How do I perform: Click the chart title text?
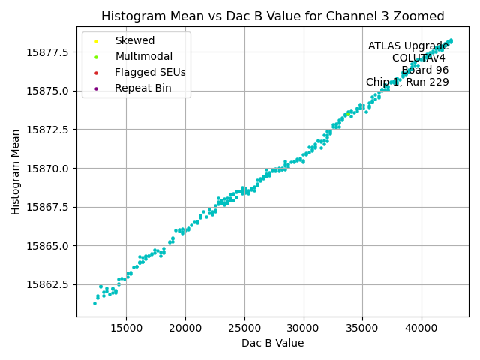click(x=272, y=16)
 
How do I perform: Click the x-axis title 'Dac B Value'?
click(x=272, y=343)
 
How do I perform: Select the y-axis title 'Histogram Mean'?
click(x=16, y=172)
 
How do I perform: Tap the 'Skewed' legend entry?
click(x=134, y=40)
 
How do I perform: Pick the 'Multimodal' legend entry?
click(x=143, y=56)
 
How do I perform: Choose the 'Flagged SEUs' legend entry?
click(x=150, y=73)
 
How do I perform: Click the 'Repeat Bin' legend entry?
click(x=142, y=88)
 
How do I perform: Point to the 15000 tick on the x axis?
click(x=126, y=327)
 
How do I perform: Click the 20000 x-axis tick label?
click(x=185, y=327)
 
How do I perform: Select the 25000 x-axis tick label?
click(x=244, y=327)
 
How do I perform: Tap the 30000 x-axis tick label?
click(x=304, y=327)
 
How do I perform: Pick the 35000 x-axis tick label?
click(x=362, y=327)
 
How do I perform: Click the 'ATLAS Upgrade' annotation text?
click(x=408, y=46)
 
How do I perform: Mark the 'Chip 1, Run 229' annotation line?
click(x=407, y=82)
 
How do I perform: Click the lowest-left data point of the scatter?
click(x=94, y=303)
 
